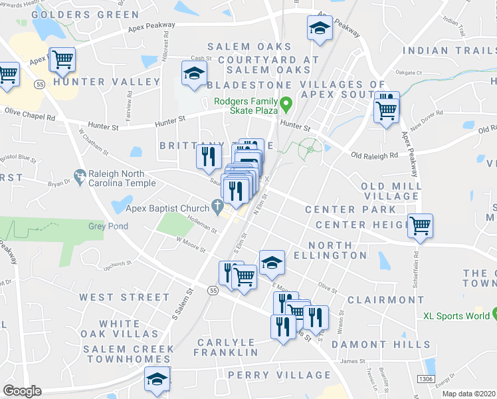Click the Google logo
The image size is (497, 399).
(22, 391)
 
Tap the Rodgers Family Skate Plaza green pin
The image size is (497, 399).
(286, 104)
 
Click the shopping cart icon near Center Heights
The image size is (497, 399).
(420, 226)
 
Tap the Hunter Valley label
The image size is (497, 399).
(107, 82)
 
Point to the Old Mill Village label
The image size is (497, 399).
(391, 192)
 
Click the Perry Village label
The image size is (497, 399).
(279, 375)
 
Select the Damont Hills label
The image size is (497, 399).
(381, 344)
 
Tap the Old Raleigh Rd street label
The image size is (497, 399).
(374, 156)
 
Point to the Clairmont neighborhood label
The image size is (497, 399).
(385, 300)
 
